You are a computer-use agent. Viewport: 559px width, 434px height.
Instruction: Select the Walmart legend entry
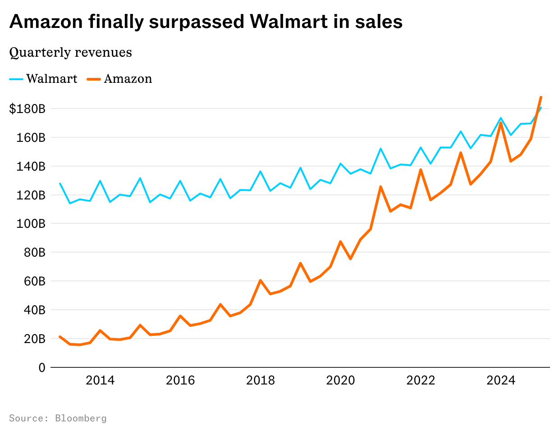pos(43,79)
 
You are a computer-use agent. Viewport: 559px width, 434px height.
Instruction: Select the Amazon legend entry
pos(119,79)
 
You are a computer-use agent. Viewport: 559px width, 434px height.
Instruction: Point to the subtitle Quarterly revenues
pos(71,52)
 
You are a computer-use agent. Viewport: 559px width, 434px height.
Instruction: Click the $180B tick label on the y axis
pos(27,109)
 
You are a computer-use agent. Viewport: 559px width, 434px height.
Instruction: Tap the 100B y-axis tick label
pos(31,224)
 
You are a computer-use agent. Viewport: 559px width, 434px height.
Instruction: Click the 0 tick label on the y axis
pos(42,368)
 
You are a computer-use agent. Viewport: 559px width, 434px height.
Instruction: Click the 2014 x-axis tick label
pos(100,380)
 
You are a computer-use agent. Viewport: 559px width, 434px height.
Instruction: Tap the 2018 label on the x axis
pos(260,380)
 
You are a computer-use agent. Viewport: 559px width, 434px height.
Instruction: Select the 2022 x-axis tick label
pos(421,380)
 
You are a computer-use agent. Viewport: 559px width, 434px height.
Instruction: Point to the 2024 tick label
pos(501,380)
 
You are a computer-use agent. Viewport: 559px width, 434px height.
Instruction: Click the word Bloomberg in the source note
pos(81,418)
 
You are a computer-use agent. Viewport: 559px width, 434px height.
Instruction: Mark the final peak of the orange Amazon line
pos(541,97)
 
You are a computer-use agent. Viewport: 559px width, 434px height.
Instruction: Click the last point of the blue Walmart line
pos(541,108)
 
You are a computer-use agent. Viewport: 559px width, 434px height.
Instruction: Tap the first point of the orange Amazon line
pos(60,337)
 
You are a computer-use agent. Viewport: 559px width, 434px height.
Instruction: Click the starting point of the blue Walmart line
pos(60,183)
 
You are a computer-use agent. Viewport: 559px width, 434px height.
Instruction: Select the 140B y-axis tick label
pos(31,167)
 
